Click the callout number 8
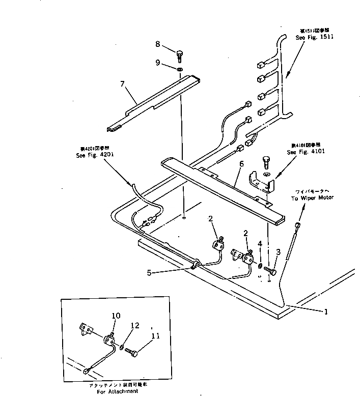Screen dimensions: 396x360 pos(158,44)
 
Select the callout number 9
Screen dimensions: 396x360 pos(158,63)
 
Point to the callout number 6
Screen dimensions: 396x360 pos(242,164)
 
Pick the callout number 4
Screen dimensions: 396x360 pos(260,244)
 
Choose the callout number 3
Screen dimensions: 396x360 pos(278,251)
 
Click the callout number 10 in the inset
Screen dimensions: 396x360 pos(116,316)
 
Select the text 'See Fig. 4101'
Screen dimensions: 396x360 pos(306,152)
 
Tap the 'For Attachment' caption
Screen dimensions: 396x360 pos(116,391)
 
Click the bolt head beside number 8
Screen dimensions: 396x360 pos(179,54)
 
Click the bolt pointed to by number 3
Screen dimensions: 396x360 pos(270,271)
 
